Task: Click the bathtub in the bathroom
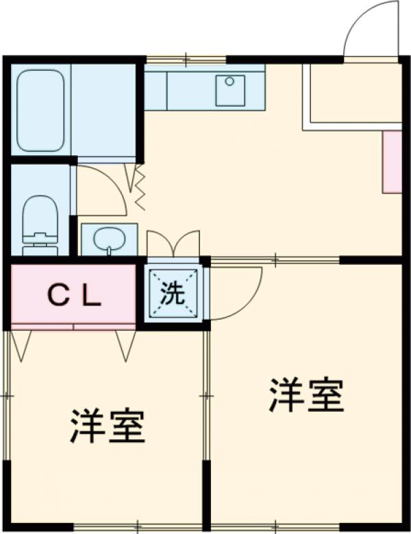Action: pos(40,110)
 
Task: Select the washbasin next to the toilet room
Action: pos(108,240)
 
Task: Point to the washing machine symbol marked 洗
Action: pos(174,294)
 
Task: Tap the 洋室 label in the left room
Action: pos(107,426)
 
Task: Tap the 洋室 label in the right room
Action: pos(306,395)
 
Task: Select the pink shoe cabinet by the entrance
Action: pos(392,161)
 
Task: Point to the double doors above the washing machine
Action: pos(173,244)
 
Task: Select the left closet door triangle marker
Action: pos(21,344)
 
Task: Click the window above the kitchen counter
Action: pos(185,59)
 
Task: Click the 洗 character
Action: pos(173,294)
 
